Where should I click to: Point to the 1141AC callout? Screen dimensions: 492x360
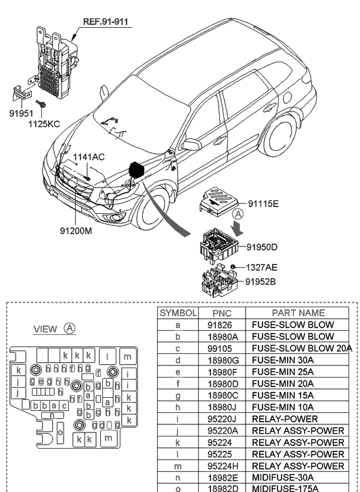tap(89, 157)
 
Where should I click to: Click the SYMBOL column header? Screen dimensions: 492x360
tap(178, 313)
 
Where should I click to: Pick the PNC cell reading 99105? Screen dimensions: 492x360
tap(222, 348)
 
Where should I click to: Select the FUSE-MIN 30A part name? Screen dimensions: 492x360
tap(284, 359)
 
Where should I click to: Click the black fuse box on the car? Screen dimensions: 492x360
tap(137, 169)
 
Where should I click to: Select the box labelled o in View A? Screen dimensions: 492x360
tap(60, 432)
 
